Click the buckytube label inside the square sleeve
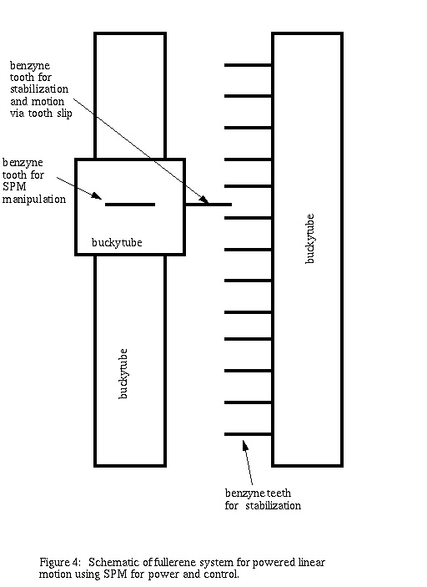tap(117, 243)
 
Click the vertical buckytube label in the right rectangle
tap(309, 239)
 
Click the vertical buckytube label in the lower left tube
tap(123, 373)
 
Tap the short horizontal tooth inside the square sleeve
tap(130, 205)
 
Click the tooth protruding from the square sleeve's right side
tap(208, 205)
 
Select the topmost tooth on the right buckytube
tap(248, 65)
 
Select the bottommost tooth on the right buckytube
tap(248, 434)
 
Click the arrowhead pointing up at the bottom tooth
tap(245, 445)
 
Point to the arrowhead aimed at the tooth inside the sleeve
tap(97, 195)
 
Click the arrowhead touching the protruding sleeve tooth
tap(204, 200)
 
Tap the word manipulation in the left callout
tap(34, 200)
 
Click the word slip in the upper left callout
tap(64, 114)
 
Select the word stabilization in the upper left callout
tap(39, 89)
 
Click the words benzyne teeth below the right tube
tap(258, 493)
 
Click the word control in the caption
tap(221, 574)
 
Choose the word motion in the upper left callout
tap(48, 102)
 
